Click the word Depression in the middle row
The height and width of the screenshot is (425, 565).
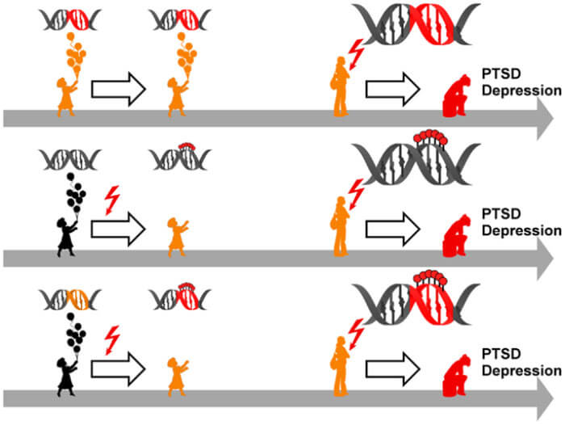(x=517, y=229)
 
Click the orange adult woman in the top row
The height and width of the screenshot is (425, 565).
(x=342, y=88)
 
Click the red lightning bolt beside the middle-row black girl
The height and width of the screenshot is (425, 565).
(x=112, y=198)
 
